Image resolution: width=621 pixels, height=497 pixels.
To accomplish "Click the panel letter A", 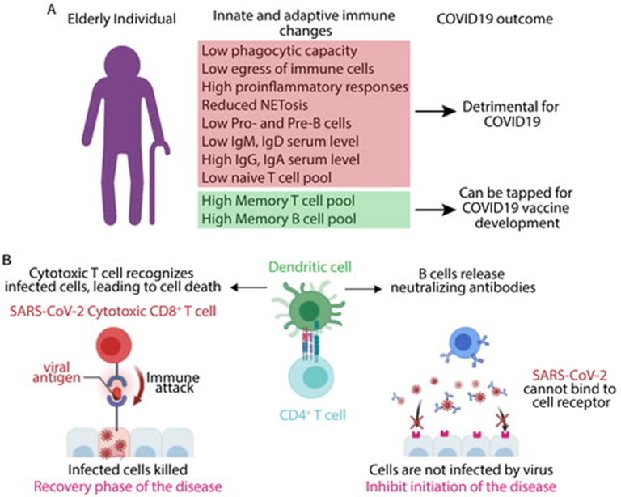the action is (52, 10).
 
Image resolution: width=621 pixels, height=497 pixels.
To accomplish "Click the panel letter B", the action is (7, 260).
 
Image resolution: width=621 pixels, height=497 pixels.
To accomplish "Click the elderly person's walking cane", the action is (157, 181).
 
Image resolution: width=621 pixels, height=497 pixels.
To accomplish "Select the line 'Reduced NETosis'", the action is (255, 105).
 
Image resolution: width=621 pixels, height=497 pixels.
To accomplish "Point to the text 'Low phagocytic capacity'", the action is (280, 51).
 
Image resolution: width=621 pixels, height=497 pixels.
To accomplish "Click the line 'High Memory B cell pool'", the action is (279, 219).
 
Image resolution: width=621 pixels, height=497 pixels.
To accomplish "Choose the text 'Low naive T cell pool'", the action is (267, 177).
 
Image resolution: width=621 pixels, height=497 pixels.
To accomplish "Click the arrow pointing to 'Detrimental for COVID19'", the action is (435, 112).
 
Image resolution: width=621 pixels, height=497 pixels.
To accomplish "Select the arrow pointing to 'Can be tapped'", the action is (435, 210).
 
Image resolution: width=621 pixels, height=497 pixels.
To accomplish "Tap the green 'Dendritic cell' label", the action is (310, 267).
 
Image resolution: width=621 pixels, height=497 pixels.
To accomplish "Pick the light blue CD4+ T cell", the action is (310, 376).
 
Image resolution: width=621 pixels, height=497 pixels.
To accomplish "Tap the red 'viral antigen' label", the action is (57, 372).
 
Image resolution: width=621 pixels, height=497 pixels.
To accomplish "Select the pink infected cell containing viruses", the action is (114, 443).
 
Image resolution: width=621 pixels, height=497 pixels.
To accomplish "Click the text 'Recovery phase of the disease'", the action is (128, 486).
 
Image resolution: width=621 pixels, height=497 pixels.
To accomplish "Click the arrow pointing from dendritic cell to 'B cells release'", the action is (363, 289).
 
